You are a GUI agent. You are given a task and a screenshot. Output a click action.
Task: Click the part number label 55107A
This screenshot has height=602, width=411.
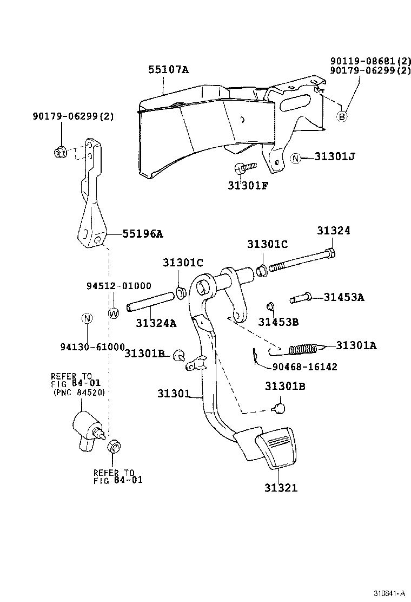[169, 69]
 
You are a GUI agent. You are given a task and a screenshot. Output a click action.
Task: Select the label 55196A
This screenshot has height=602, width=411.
[142, 234]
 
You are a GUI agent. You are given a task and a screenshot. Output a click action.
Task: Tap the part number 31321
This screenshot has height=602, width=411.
[281, 487]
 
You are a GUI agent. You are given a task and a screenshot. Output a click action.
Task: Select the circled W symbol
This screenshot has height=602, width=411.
[114, 313]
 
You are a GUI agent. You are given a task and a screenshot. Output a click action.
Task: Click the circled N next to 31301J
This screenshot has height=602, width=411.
[296, 158]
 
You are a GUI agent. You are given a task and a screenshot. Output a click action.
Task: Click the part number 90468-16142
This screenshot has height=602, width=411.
[305, 367]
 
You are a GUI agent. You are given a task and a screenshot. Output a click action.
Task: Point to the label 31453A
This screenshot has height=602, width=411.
[344, 297]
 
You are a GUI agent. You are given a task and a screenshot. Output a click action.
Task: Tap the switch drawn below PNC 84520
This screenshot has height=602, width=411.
[86, 428]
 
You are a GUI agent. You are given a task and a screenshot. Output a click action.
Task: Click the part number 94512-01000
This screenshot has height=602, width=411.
[119, 286]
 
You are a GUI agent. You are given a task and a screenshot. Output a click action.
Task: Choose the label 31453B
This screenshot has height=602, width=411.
[278, 322]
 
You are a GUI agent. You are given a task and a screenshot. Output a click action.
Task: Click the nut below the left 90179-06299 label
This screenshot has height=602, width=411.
[60, 153]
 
